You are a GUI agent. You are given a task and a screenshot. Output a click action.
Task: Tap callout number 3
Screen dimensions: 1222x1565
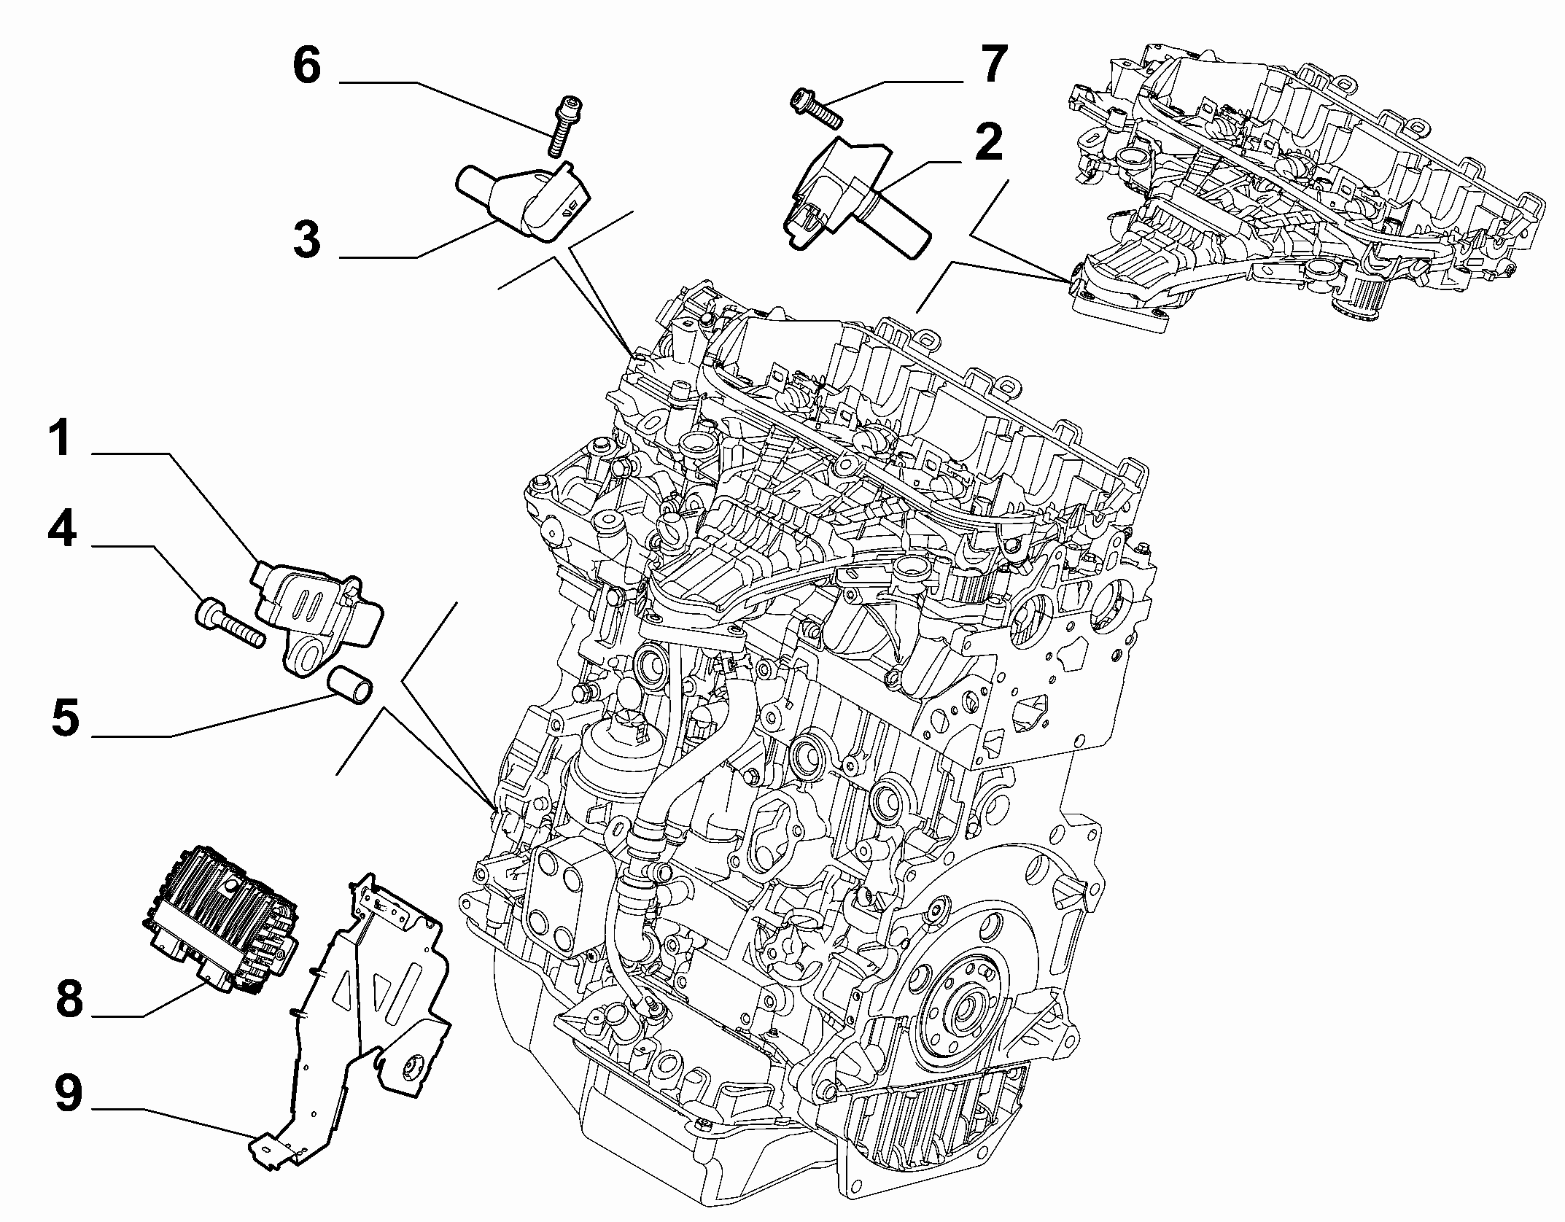306,240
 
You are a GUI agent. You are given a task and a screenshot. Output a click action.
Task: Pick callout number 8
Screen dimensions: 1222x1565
69,997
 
